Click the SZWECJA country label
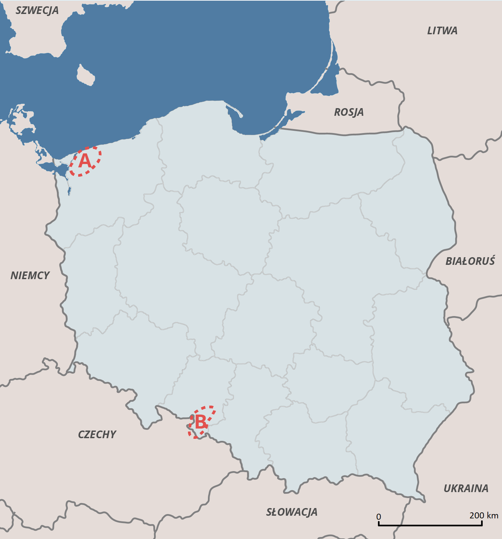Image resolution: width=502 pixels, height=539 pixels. tap(37, 10)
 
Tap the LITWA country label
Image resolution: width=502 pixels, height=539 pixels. tap(442, 31)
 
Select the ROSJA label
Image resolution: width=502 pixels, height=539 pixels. tap(349, 112)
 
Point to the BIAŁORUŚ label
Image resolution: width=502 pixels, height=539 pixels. tap(470, 261)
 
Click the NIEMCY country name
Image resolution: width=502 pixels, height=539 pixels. tap(30, 276)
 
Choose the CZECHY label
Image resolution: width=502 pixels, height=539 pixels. tap(97, 435)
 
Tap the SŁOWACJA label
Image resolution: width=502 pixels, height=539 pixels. tap(292, 512)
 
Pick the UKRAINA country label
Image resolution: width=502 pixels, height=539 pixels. tap(466, 488)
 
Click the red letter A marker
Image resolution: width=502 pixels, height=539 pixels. tap(85, 161)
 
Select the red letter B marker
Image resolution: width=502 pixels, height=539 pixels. tap(200, 422)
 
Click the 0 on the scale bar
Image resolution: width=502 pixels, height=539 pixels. tap(379, 517)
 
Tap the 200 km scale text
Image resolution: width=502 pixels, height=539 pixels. tap(483, 515)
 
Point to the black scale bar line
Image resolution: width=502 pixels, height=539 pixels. tap(430, 525)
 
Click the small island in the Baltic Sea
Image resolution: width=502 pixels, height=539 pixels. tap(86, 75)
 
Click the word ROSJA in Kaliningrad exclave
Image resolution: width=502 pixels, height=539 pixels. tap(349, 112)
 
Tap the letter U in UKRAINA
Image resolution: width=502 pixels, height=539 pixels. tap(447, 488)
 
